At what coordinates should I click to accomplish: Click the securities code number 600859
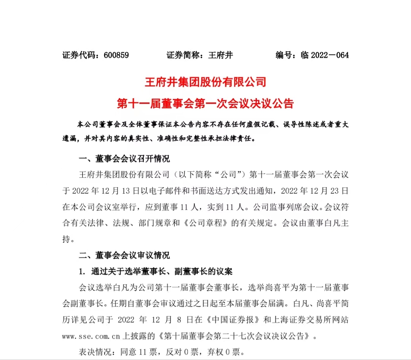tap(116, 55)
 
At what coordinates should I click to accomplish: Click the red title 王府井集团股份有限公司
tap(205, 82)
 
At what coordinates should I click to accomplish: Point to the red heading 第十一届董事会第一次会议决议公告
tap(205, 104)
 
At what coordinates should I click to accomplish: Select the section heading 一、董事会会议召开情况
tap(124, 159)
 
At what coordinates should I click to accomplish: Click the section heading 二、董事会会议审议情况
tap(124, 255)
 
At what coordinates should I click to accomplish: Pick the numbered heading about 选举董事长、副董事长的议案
tap(155, 272)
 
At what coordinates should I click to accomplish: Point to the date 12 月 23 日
tap(328, 191)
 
